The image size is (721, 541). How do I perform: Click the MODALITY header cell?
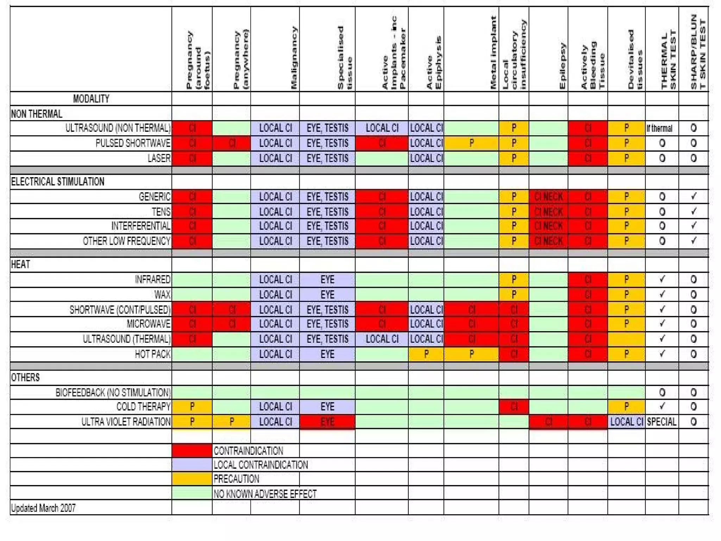click(91, 99)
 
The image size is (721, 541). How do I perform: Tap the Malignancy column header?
click(294, 58)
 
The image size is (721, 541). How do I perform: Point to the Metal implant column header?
click(493, 53)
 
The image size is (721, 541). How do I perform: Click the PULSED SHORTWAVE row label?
click(133, 143)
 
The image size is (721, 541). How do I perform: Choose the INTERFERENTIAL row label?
click(141, 226)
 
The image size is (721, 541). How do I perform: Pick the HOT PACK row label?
click(152, 354)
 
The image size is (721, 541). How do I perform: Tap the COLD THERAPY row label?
click(143, 406)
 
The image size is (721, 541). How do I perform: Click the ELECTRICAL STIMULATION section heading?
click(58, 182)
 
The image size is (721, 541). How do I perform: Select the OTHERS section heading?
click(25, 378)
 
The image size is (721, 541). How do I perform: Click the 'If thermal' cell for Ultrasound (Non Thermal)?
click(659, 128)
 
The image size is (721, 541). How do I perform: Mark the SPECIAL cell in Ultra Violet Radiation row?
click(662, 422)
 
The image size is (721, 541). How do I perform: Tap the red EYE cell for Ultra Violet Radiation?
click(327, 422)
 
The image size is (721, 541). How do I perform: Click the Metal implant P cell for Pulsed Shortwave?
click(471, 143)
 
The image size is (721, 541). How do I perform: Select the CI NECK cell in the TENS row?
click(548, 212)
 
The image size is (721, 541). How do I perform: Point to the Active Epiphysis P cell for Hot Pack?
click(426, 354)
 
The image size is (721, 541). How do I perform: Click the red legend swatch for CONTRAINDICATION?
click(192, 450)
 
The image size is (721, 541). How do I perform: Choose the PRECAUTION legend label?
click(236, 479)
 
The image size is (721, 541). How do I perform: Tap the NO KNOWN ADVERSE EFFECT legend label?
click(265, 494)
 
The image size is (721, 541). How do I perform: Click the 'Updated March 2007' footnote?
click(43, 508)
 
